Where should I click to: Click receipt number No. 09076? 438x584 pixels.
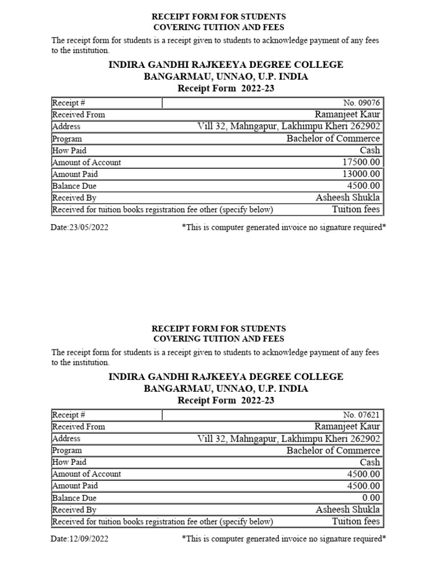click(361, 103)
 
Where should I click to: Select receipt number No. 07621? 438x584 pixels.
click(361, 415)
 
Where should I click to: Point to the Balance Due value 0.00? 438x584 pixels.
click(370, 498)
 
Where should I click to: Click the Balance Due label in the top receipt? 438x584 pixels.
click(74, 186)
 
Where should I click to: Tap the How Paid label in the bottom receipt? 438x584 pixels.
click(69, 463)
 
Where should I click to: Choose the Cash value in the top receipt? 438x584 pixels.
click(370, 151)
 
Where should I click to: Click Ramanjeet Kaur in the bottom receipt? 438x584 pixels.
click(347, 427)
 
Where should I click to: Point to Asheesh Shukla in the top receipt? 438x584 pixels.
click(348, 198)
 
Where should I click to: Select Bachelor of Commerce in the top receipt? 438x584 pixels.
click(333, 139)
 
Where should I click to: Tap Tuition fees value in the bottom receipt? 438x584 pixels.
click(356, 521)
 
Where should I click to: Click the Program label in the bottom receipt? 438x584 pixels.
click(67, 451)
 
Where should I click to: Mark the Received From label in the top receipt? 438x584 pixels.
click(79, 115)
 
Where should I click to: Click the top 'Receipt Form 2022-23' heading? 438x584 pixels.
click(226, 88)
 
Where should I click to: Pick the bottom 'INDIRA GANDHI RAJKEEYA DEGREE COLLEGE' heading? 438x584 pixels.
click(226, 377)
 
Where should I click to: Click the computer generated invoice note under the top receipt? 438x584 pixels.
click(283, 227)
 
